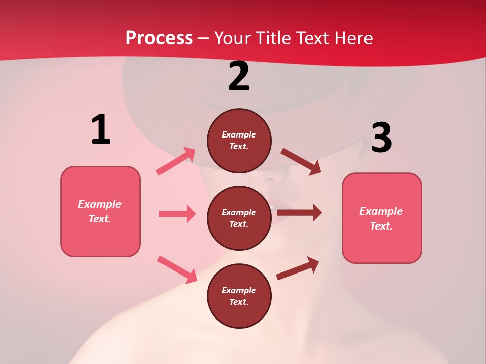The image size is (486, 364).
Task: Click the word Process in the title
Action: click(x=159, y=38)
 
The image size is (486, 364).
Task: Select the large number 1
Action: click(x=100, y=129)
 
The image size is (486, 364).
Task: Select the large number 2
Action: click(x=239, y=76)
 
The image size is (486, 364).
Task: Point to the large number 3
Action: click(x=381, y=138)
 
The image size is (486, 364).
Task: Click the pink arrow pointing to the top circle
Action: click(x=176, y=161)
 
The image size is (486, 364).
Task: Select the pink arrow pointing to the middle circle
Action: click(x=177, y=214)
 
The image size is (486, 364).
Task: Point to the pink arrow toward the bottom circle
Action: click(x=177, y=269)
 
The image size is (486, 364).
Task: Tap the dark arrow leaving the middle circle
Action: click(x=300, y=213)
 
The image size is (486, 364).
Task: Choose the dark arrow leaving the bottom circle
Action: click(x=298, y=268)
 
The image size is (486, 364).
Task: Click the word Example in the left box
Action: click(x=100, y=204)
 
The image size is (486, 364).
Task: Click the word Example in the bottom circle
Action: click(x=238, y=290)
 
